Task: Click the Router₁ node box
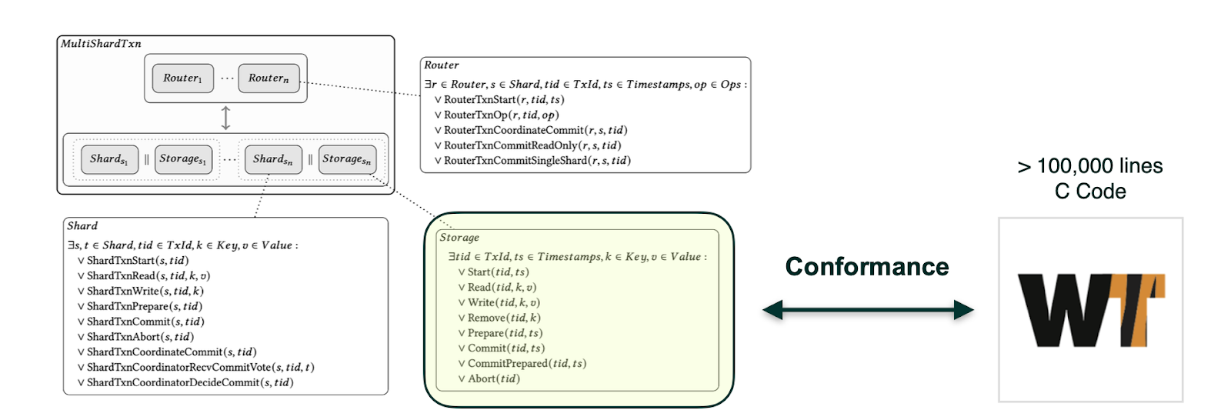point(182,78)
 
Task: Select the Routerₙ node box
point(269,78)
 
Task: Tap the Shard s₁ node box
point(109,159)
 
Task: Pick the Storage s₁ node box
point(183,159)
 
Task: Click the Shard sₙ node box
point(272,159)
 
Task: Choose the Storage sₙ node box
point(347,159)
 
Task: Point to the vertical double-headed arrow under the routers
point(225,118)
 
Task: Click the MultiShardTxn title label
point(101,44)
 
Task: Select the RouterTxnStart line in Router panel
point(503,100)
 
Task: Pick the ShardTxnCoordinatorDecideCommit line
point(189,382)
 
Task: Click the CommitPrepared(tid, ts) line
point(526,363)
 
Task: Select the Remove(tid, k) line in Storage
point(503,318)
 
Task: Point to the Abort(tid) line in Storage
point(493,378)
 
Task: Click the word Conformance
point(867,266)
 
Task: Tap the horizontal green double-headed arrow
point(868,310)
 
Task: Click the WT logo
point(1090,310)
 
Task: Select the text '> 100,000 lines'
point(1090,166)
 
